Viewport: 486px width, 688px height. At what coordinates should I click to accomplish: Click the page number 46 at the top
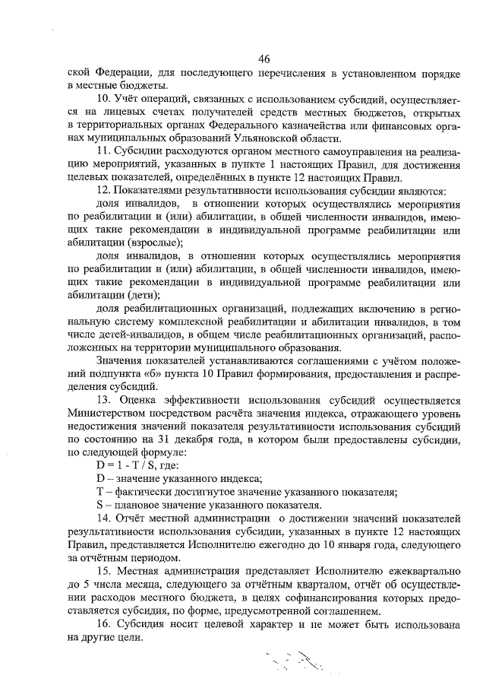coord(264,60)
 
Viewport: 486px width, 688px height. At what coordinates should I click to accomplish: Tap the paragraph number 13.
coord(103,400)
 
